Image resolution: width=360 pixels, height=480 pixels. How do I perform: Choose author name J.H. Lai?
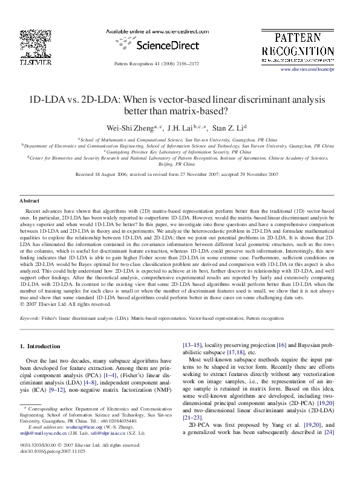tap(184, 128)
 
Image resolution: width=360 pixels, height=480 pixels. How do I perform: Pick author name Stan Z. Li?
tap(227, 128)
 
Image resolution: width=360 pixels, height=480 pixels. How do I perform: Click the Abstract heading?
tap(30, 200)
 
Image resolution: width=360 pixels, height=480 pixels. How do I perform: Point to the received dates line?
tap(177, 174)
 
